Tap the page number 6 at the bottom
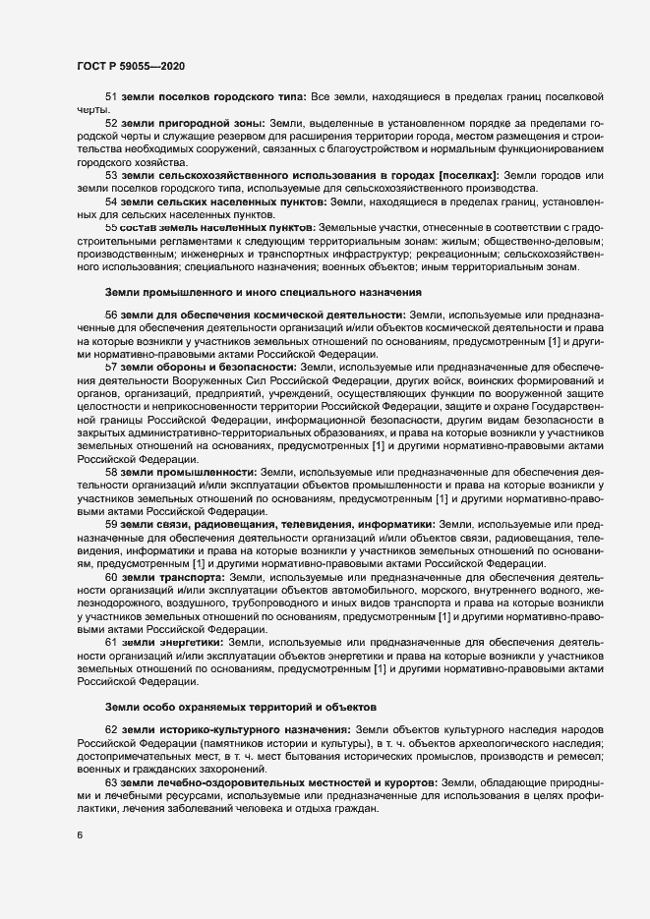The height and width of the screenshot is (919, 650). coord(79,835)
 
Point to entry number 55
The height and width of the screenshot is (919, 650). coord(111,226)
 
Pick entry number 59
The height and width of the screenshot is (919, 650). coord(111,524)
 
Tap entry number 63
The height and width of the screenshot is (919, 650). coord(111,781)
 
